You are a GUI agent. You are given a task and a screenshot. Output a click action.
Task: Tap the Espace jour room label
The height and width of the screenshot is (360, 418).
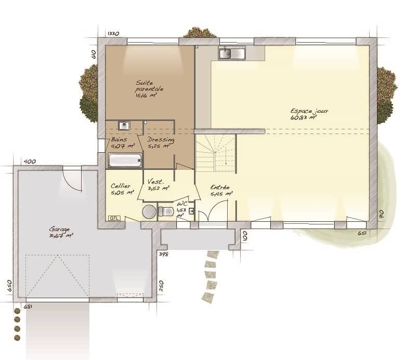[309, 114]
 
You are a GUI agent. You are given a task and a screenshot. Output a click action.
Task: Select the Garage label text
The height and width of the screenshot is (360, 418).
[61, 232]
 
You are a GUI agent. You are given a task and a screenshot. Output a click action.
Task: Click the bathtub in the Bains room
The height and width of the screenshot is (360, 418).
[125, 160]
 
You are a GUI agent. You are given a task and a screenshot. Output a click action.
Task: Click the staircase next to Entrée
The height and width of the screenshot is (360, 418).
[216, 153]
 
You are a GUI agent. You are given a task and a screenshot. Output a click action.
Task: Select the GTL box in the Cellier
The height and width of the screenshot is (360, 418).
[114, 218]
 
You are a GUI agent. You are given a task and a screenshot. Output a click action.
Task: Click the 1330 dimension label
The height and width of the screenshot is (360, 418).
[113, 34]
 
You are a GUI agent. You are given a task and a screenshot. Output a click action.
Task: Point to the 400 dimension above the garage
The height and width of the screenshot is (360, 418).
[30, 162]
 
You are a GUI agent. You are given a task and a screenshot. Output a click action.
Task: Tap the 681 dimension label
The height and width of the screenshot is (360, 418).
[28, 306]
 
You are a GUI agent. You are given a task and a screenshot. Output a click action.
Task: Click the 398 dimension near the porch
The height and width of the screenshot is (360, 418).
[163, 254]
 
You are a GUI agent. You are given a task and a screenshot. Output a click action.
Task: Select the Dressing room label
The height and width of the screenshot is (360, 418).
[160, 143]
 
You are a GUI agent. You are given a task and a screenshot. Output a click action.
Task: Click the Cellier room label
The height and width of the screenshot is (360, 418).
[121, 189]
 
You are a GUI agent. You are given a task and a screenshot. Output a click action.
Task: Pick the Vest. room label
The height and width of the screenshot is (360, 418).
[156, 185]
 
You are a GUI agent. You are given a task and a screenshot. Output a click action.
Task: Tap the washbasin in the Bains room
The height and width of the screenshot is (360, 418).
[124, 125]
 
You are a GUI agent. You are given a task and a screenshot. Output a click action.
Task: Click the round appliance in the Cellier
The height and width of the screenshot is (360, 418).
[149, 211]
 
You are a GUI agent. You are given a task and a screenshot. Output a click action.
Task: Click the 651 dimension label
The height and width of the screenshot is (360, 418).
[362, 233]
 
